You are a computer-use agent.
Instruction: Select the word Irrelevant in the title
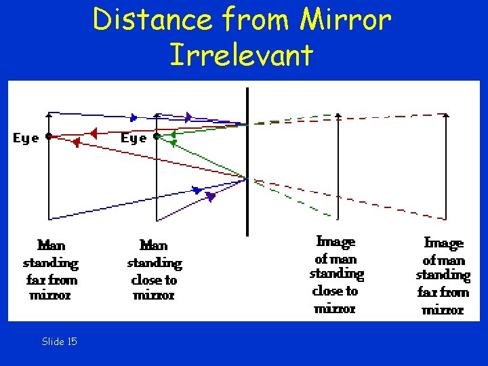click(x=242, y=54)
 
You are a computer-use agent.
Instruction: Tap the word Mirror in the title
click(x=345, y=20)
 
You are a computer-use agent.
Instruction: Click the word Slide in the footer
click(x=52, y=342)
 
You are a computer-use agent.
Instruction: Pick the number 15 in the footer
click(x=71, y=342)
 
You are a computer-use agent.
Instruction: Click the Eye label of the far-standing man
click(x=26, y=138)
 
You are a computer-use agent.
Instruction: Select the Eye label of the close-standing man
click(x=134, y=138)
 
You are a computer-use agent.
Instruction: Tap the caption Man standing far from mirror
click(x=50, y=269)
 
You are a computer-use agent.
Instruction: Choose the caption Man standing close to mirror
click(x=155, y=269)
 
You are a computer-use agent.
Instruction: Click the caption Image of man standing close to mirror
click(x=336, y=274)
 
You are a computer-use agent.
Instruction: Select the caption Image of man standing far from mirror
click(x=443, y=275)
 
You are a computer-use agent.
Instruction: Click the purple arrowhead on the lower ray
click(x=210, y=197)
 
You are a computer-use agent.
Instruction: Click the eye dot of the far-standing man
click(x=49, y=136)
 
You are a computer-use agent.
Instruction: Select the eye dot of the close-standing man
click(x=157, y=136)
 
